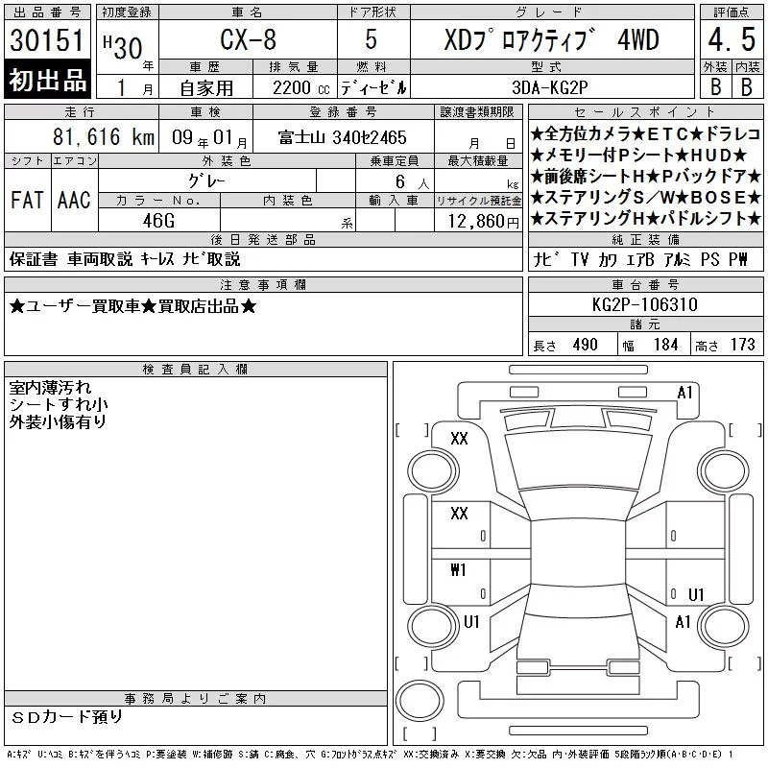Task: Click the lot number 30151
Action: point(47,40)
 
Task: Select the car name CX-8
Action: point(249,39)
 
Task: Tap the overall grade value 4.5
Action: point(732,39)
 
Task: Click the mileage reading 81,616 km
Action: point(104,136)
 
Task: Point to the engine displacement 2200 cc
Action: point(300,88)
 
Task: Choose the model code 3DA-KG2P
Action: point(549,87)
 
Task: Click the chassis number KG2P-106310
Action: point(644,304)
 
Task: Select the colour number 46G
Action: point(158,221)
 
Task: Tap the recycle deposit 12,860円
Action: point(484,222)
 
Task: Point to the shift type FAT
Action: point(27,200)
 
